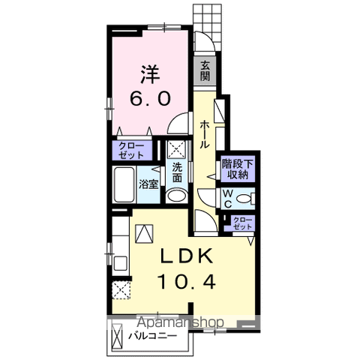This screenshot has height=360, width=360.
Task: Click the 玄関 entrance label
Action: tap(205, 70)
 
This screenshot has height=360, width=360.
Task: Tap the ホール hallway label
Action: tap(205, 134)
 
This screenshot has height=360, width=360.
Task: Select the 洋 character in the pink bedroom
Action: tap(150, 74)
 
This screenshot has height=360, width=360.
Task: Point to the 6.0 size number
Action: tap(150, 98)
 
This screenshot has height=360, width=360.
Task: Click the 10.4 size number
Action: tap(187, 281)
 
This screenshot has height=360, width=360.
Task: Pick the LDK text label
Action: tap(187, 256)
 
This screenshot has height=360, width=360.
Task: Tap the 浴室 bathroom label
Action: tap(149, 184)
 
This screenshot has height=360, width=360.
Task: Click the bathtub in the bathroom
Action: tap(124, 184)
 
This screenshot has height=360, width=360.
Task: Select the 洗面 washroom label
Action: tap(177, 172)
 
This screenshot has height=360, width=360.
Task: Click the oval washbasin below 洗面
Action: tap(177, 196)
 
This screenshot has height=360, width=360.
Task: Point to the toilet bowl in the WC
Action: tap(243, 199)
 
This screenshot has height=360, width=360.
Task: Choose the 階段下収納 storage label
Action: tap(238, 169)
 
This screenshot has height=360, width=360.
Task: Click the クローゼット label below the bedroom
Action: tap(131, 151)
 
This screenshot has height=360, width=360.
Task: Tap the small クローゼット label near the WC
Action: tap(242, 223)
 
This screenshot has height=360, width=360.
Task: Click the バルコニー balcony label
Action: tap(153, 336)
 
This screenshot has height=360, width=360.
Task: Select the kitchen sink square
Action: tap(121, 263)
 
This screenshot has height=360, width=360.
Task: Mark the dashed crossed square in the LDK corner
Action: tap(121, 289)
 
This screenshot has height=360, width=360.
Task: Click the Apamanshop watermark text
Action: tap(181, 322)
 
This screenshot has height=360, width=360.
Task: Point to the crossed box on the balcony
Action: tap(117, 337)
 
